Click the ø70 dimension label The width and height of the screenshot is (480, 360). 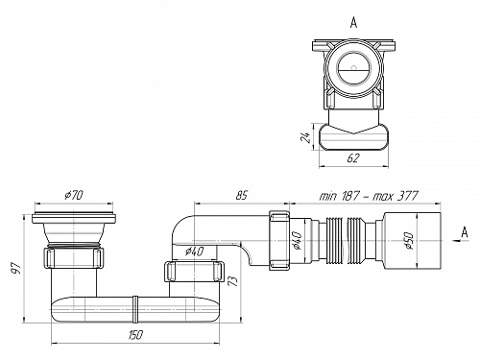point(74,195)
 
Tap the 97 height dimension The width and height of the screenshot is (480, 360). point(16,268)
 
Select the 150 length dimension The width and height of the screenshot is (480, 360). point(135,335)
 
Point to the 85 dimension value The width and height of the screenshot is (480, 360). point(242,195)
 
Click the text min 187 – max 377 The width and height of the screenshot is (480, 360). point(369,196)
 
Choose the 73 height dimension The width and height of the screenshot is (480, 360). point(234,278)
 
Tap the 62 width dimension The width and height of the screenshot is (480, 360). point(353,158)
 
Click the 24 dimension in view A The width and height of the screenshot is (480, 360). point(306,136)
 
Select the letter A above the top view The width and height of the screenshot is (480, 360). point(353,23)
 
